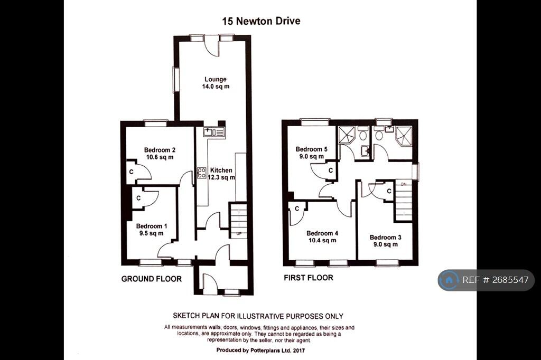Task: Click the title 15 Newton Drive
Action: (x=261, y=22)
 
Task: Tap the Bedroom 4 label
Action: (x=322, y=237)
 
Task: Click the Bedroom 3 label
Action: (x=385, y=241)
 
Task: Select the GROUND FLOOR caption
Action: (x=152, y=279)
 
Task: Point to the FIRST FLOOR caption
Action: (x=309, y=278)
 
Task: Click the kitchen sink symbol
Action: (x=214, y=132)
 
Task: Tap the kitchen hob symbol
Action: (x=201, y=173)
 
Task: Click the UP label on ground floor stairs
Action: (x=239, y=233)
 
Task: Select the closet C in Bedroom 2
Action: (x=130, y=172)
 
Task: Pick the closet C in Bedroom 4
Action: (x=297, y=209)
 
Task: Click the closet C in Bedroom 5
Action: (x=330, y=171)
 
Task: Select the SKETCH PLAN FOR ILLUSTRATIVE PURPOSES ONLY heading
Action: (x=258, y=316)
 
